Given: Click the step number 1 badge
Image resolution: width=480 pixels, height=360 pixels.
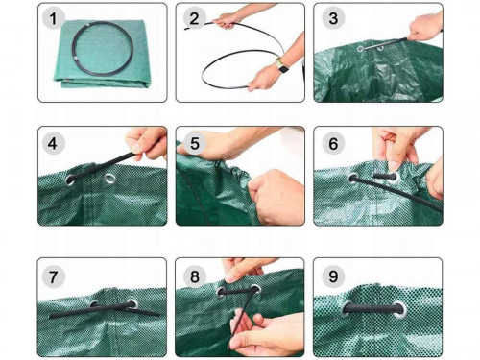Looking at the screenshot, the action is pyautogui.click(x=53, y=18).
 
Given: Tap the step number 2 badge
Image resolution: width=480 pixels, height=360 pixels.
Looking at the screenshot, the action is pyautogui.click(x=194, y=18).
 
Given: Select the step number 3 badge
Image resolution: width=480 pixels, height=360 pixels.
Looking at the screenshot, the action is pyautogui.click(x=333, y=18).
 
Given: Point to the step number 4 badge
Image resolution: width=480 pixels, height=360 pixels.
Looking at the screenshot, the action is pyautogui.click(x=53, y=143).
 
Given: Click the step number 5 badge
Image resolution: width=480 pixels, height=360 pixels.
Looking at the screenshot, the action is pyautogui.click(x=195, y=143).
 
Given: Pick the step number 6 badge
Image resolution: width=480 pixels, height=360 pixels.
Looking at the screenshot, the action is pyautogui.click(x=333, y=143).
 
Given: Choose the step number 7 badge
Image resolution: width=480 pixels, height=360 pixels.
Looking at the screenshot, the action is pyautogui.click(x=53, y=276).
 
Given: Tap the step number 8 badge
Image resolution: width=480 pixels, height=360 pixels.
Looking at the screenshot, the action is pyautogui.click(x=195, y=276).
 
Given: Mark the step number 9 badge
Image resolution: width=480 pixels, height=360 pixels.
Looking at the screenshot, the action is pyautogui.click(x=333, y=276).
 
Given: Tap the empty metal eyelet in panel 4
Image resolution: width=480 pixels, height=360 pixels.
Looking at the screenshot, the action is pyautogui.click(x=109, y=179).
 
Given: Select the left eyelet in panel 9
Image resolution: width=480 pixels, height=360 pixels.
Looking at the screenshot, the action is pyautogui.click(x=347, y=307).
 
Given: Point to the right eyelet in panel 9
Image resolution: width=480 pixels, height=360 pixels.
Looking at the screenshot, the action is pyautogui.click(x=400, y=309).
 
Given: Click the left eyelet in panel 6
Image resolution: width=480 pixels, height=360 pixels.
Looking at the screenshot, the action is pyautogui.click(x=353, y=179).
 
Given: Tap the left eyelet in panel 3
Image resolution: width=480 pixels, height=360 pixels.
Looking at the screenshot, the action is pyautogui.click(x=361, y=49).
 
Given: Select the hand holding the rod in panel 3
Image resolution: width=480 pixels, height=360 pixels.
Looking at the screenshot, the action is pyautogui.click(x=425, y=27).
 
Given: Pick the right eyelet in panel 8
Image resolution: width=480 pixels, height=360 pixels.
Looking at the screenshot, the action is pyautogui.click(x=255, y=290).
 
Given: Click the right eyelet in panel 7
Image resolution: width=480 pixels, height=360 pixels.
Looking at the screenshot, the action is pyautogui.click(x=132, y=303).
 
